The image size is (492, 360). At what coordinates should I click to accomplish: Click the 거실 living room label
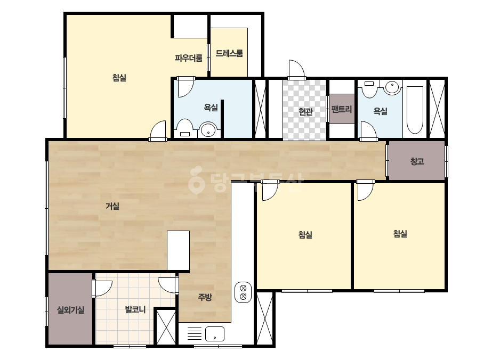click(x=112, y=206)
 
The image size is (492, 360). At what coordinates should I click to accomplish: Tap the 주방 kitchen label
click(x=205, y=297)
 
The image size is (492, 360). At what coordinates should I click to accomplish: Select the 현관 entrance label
click(x=305, y=111)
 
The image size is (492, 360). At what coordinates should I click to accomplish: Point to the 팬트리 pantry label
click(x=342, y=109)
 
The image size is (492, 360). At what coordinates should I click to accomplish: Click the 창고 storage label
click(x=417, y=161)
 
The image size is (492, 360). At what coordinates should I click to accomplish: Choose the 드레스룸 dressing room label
click(x=229, y=53)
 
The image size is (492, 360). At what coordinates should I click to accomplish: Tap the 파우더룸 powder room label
click(x=189, y=58)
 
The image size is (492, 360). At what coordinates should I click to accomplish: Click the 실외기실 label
click(x=70, y=310)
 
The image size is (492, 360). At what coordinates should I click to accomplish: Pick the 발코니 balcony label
click(x=135, y=309)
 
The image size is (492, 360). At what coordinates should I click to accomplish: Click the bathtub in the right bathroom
click(x=415, y=110)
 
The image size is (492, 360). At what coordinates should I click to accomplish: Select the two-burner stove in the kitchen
click(x=243, y=292)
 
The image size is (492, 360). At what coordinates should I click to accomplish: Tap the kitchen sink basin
click(x=215, y=334)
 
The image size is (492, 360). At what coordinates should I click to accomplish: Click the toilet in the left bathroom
click(x=184, y=128)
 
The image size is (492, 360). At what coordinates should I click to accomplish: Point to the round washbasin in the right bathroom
click(x=392, y=87)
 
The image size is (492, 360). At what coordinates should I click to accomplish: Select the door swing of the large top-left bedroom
click(x=158, y=130)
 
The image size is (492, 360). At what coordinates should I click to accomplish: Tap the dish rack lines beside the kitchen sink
click(x=195, y=334)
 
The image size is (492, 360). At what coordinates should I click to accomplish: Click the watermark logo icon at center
click(x=196, y=181)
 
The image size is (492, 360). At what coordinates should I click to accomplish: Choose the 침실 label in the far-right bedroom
click(x=400, y=234)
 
